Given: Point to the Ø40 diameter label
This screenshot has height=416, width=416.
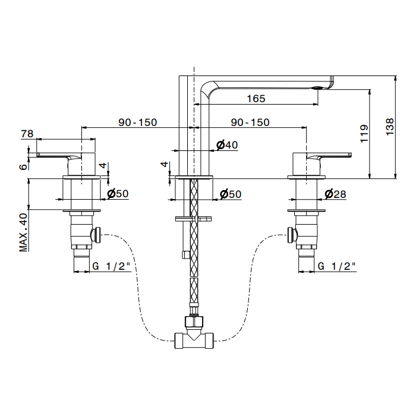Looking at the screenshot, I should (227, 145).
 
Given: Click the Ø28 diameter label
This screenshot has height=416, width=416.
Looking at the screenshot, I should (335, 194).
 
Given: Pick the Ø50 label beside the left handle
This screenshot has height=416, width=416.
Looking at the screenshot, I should (118, 194).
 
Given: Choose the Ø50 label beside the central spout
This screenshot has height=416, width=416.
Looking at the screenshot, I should (230, 194).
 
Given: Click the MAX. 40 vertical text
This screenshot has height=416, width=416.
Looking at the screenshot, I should (24, 232).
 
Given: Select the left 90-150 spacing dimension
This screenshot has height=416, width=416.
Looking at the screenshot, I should (137, 122).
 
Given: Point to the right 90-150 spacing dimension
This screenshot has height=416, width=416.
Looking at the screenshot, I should (250, 122).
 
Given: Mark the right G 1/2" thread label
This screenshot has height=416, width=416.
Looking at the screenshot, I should (336, 266).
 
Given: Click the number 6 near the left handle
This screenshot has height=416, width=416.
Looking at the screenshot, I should (23, 166).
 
